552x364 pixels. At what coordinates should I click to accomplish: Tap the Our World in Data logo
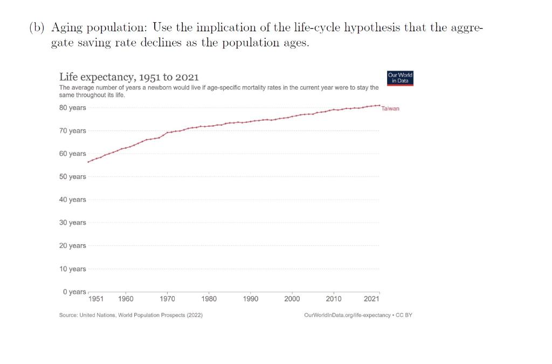click(x=400, y=78)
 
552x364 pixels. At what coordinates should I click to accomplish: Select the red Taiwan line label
click(x=390, y=108)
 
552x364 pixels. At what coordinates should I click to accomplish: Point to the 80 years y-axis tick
click(x=72, y=108)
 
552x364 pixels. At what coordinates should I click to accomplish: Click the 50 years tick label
click(x=72, y=177)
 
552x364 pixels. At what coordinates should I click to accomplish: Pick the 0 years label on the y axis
click(x=74, y=292)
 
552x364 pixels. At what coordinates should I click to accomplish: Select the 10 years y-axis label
click(x=72, y=269)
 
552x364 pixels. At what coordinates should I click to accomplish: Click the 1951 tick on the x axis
click(x=96, y=299)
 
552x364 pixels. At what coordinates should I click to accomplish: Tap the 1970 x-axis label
click(x=167, y=299)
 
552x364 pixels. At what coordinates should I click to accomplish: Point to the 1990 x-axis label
click(x=251, y=299)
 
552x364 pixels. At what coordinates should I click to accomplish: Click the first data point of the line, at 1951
click(x=88, y=162)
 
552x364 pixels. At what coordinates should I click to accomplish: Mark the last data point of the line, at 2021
click(x=379, y=105)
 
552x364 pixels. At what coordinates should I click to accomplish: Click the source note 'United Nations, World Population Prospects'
click(x=131, y=315)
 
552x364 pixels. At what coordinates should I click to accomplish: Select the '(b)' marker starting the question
click(x=37, y=29)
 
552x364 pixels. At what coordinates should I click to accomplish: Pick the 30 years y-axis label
click(x=72, y=223)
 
